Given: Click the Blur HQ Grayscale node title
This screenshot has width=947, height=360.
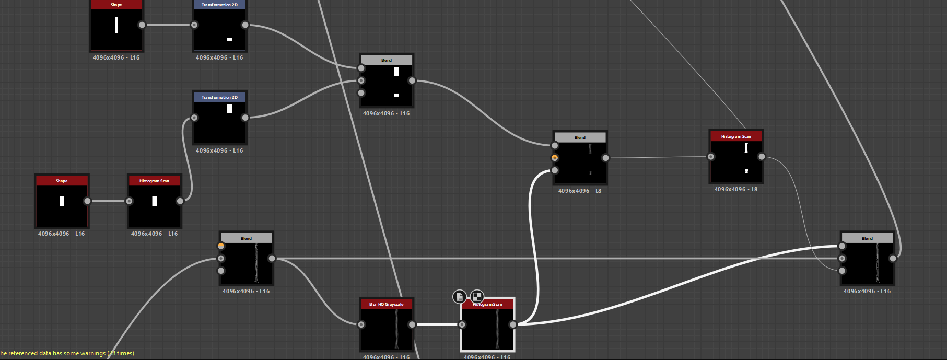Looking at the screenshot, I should click(386, 304).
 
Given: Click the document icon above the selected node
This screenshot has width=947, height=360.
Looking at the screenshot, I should click(459, 297).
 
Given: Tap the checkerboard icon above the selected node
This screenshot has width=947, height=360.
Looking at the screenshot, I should click(477, 296).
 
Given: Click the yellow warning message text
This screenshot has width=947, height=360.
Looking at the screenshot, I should click(67, 353).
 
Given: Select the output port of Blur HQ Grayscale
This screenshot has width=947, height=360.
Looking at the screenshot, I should click(412, 324).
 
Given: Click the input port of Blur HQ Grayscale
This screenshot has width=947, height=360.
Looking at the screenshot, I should click(361, 324).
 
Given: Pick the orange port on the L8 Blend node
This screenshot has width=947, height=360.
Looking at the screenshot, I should click(555, 158).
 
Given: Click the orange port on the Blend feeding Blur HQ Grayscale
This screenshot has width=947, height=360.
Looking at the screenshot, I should click(221, 246).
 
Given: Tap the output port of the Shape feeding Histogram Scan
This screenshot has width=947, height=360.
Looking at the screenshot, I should click(87, 201).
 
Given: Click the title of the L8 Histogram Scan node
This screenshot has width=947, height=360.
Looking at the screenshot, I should click(736, 136).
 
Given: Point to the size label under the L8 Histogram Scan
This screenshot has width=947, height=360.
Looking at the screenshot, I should click(736, 189).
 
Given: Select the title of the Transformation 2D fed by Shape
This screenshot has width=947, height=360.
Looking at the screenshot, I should click(219, 5).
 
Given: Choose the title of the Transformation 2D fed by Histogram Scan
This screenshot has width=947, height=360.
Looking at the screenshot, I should click(219, 97).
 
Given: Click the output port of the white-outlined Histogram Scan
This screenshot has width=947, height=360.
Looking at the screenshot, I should click(513, 324).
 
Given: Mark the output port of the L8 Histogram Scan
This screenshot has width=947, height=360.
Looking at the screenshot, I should click(762, 157).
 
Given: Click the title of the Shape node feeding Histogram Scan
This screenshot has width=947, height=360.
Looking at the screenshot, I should click(62, 181).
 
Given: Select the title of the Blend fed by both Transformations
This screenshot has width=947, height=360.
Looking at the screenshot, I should click(387, 60).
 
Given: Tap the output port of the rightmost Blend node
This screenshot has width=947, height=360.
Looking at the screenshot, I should click(893, 258).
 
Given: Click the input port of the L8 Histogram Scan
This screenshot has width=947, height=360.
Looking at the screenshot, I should click(711, 157).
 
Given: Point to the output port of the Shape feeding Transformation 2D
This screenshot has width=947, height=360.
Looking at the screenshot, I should click(142, 25).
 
